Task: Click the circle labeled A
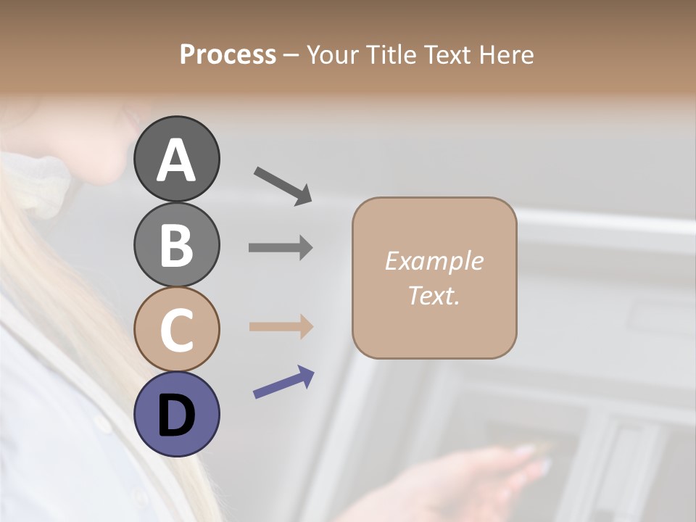click(x=177, y=159)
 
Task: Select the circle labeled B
click(x=177, y=244)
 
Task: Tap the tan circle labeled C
click(x=177, y=330)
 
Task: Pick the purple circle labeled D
click(x=177, y=415)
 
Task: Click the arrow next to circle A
click(x=283, y=185)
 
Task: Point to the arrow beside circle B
click(x=281, y=248)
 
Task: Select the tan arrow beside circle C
click(x=281, y=327)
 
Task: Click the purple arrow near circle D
click(x=283, y=382)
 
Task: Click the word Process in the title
click(x=228, y=54)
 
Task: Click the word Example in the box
click(x=434, y=261)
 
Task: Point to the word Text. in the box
click(x=434, y=296)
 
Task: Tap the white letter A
click(x=177, y=160)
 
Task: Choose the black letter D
click(x=177, y=415)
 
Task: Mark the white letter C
click(x=177, y=331)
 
